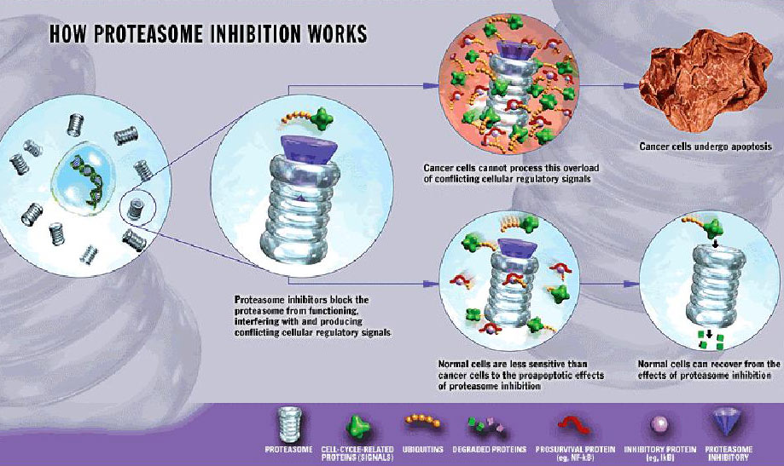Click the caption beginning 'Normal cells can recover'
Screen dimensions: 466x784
pyautogui.click(x=708, y=368)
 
